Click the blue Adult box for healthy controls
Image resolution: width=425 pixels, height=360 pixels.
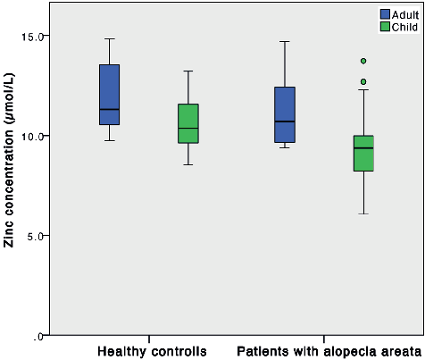(110, 94)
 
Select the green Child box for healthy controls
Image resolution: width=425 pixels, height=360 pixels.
(187, 123)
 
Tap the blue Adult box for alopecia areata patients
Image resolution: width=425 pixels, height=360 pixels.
(285, 114)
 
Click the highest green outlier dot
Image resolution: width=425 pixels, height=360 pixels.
(363, 61)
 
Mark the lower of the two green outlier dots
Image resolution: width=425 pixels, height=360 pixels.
(363, 81)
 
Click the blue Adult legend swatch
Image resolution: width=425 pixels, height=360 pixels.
(386, 14)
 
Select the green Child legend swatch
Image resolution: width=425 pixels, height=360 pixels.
(386, 27)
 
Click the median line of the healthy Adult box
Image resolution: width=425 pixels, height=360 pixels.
(110, 109)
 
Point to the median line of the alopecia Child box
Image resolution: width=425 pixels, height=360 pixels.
(362, 147)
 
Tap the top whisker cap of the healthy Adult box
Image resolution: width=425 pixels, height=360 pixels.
(110, 38)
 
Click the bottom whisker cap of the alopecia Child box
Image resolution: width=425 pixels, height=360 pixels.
(362, 213)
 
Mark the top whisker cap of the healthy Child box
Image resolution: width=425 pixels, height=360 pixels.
(187, 71)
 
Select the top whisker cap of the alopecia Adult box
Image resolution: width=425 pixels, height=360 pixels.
(285, 41)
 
